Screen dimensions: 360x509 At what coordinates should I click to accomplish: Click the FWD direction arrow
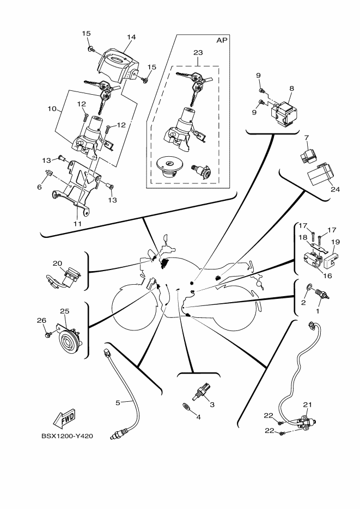click(x=64, y=419)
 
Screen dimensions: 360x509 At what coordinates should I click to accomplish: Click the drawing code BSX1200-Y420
click(x=67, y=436)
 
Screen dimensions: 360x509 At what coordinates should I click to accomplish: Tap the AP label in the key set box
click(x=222, y=40)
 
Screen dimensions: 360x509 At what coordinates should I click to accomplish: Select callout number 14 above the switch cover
click(x=131, y=37)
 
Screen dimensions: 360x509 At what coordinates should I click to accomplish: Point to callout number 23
click(x=198, y=52)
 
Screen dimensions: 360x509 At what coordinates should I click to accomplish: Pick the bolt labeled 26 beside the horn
click(x=48, y=333)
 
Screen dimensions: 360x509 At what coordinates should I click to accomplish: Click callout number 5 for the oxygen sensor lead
click(x=118, y=402)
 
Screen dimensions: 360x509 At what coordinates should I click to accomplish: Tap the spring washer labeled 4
click(x=186, y=407)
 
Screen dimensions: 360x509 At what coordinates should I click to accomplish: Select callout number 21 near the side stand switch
click(x=307, y=404)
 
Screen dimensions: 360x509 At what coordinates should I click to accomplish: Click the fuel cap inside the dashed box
click(x=168, y=167)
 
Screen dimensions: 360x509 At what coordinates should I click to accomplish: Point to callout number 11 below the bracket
click(x=77, y=224)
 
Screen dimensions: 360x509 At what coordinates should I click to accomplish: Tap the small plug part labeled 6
click(x=48, y=173)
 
